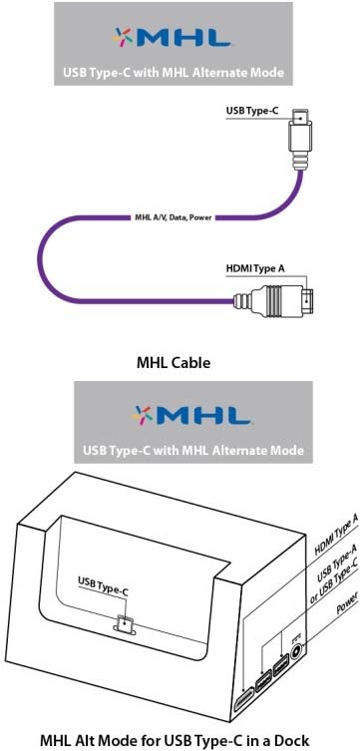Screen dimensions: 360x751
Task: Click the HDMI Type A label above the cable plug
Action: (x=253, y=268)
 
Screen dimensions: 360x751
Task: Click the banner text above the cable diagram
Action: (x=180, y=71)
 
